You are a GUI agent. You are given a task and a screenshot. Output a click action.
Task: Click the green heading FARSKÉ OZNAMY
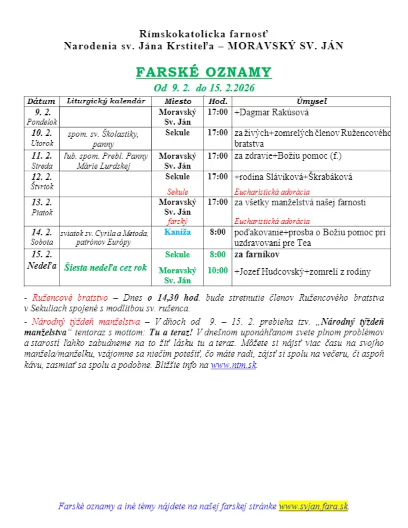(203, 72)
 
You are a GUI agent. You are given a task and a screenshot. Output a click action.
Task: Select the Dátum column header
(41, 101)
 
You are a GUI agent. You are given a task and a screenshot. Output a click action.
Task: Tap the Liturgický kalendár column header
(106, 101)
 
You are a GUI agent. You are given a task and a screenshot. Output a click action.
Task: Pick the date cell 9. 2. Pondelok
(42, 117)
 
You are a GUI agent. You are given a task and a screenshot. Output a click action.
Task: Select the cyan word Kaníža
(177, 232)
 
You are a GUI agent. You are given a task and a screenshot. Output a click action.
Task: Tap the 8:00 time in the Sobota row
(218, 232)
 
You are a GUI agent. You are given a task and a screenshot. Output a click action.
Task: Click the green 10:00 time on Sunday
(218, 271)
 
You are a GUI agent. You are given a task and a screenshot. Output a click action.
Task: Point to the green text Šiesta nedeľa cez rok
(105, 267)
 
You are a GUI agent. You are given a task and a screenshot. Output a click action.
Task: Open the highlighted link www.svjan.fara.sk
(313, 507)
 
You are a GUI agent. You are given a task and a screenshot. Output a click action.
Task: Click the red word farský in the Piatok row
(177, 221)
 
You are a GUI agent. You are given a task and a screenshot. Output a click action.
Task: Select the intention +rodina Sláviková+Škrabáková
(293, 177)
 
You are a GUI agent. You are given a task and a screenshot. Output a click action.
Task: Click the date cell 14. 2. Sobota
(42, 236)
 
